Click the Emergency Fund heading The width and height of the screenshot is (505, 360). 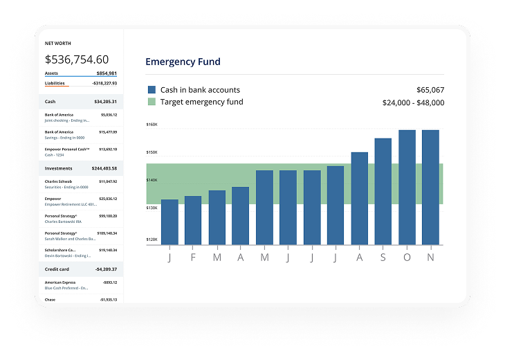click(183, 62)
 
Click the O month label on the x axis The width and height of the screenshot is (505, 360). click(407, 258)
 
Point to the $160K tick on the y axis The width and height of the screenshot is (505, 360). click(151, 125)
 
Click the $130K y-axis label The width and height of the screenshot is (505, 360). click(151, 208)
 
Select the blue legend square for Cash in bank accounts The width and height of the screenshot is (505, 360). click(151, 90)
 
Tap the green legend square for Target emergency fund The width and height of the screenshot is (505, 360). click(151, 102)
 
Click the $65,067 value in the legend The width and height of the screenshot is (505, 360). click(430, 90)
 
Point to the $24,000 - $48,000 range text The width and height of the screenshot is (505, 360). click(413, 102)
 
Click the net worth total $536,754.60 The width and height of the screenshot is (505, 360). click(77, 60)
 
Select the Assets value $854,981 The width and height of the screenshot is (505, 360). click(107, 73)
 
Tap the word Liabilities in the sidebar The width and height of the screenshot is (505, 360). click(55, 83)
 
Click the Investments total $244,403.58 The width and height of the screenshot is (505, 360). click(104, 168)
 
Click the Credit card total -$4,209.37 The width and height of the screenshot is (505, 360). click(106, 269)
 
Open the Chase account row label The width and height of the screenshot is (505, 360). click(50, 300)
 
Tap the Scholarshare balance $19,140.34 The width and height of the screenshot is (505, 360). click(107, 250)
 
